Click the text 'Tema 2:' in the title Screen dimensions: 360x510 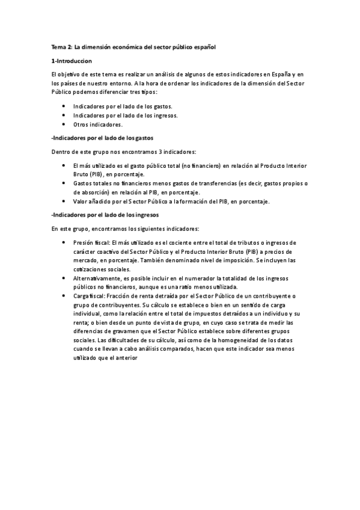61,46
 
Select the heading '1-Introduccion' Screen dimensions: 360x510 72,61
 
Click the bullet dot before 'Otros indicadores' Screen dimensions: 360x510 64,124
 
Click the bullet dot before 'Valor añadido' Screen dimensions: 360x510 64,201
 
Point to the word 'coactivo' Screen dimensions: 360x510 109,251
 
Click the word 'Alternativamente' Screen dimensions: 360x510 97,279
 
